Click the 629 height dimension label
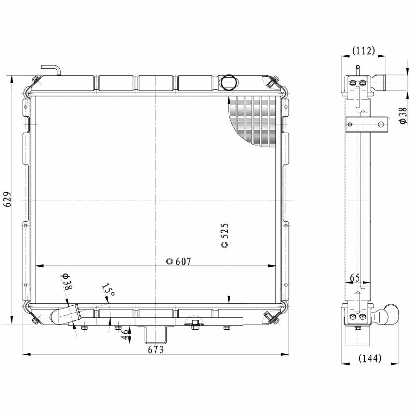(8, 199)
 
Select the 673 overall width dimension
(156, 350)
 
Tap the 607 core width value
(183, 262)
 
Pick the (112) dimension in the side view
(364, 51)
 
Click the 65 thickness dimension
(355, 278)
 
